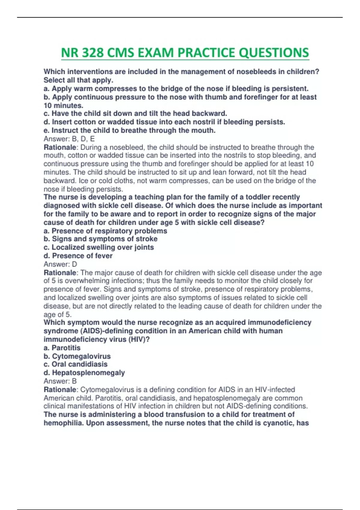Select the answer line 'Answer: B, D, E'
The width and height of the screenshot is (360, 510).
click(x=69, y=139)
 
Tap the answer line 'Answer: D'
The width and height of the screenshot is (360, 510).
click(x=60, y=264)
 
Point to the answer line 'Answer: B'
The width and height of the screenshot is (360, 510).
click(x=60, y=381)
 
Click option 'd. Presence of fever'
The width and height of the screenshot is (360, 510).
click(x=78, y=256)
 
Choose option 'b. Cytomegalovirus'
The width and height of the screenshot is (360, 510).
click(x=77, y=356)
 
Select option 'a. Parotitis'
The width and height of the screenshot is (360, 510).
click(x=62, y=348)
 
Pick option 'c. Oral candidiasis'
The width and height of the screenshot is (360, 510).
click(x=76, y=364)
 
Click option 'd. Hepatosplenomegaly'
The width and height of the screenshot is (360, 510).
click(x=84, y=373)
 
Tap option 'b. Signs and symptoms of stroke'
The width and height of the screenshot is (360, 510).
click(x=100, y=239)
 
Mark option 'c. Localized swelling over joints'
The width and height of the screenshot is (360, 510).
click(x=99, y=247)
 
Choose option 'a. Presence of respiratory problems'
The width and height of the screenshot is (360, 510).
click(x=105, y=231)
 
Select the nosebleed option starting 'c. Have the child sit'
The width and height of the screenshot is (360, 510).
click(x=135, y=114)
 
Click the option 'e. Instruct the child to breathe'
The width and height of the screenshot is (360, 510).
click(x=130, y=130)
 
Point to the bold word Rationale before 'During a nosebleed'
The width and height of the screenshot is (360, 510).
click(x=60, y=148)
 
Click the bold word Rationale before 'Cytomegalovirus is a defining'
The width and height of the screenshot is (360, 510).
click(x=60, y=390)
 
